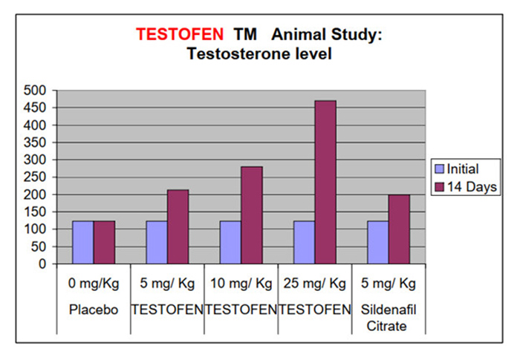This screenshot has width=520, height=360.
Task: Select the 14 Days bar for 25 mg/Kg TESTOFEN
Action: click(x=325, y=182)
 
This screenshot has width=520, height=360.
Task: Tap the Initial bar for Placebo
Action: click(x=82, y=242)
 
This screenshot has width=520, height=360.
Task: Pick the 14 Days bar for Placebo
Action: click(x=104, y=242)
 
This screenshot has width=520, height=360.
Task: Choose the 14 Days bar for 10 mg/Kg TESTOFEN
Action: click(x=251, y=215)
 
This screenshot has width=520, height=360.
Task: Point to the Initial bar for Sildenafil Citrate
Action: click(x=377, y=242)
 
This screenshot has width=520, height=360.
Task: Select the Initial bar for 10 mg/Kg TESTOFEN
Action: click(x=230, y=242)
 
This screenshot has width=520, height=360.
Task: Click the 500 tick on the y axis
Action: click(x=36, y=91)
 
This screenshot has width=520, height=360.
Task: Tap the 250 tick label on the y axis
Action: click(x=36, y=177)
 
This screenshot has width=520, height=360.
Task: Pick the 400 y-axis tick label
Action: click(x=36, y=125)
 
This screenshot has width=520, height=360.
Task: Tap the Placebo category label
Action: click(x=94, y=309)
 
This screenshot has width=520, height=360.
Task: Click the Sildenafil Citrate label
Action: click(x=389, y=317)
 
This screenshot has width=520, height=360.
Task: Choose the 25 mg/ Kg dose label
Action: click(x=315, y=284)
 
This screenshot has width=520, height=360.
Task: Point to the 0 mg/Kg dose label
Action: click(x=94, y=284)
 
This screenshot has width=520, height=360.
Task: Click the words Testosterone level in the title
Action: click(x=259, y=53)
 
